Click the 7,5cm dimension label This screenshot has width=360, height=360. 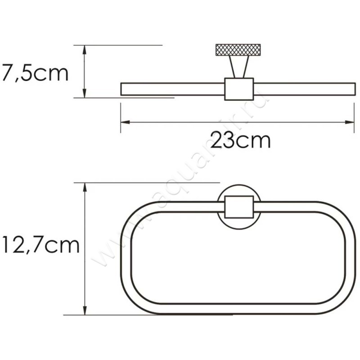click(x=35, y=72)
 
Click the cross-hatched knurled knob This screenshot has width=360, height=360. click(x=238, y=49)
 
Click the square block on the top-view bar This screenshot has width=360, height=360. click(x=238, y=89)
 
